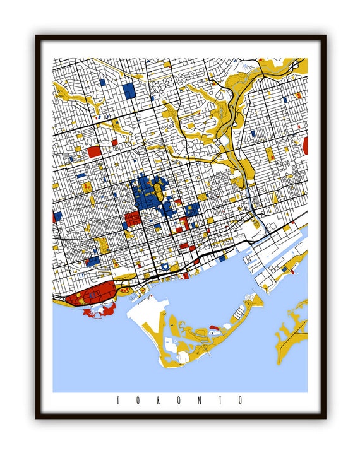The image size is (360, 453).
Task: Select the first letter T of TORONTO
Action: [x=118, y=400]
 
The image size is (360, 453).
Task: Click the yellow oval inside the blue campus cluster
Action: [x=151, y=188]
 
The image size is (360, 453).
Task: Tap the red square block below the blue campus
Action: [x=133, y=220]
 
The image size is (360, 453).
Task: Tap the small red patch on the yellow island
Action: [x=213, y=327]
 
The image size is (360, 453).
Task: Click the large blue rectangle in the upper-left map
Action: [x=130, y=90]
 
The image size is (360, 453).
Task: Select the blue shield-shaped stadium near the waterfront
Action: [x=165, y=268]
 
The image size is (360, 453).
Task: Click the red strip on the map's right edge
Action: [x=306, y=146]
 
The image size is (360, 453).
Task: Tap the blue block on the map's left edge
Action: [x=57, y=216]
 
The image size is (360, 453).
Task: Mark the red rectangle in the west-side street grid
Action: [x=93, y=151]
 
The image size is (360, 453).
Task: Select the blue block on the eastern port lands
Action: [x=285, y=268]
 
